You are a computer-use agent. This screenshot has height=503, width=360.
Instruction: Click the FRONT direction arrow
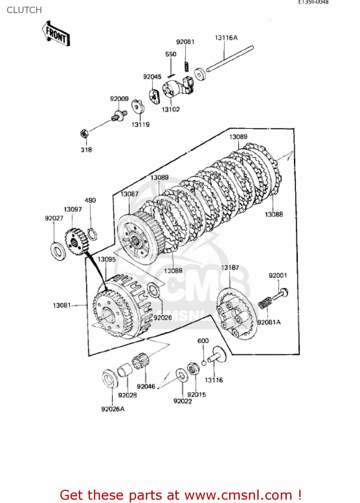point(56,34)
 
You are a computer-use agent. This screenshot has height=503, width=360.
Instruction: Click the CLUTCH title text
point(24,10)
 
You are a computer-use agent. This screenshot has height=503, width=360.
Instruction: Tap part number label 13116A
point(226,38)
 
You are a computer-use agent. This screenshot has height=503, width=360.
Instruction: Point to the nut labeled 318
point(85,134)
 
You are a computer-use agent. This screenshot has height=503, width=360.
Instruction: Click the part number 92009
point(119,99)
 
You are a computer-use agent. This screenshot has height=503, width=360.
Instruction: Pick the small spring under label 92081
point(186,66)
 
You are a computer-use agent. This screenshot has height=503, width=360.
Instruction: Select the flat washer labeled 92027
point(58,251)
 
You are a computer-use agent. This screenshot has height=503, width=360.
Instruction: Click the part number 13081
point(62,305)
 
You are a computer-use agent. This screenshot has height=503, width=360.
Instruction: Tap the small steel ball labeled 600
point(204,363)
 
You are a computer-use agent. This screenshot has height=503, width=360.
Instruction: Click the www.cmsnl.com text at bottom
point(238,495)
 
